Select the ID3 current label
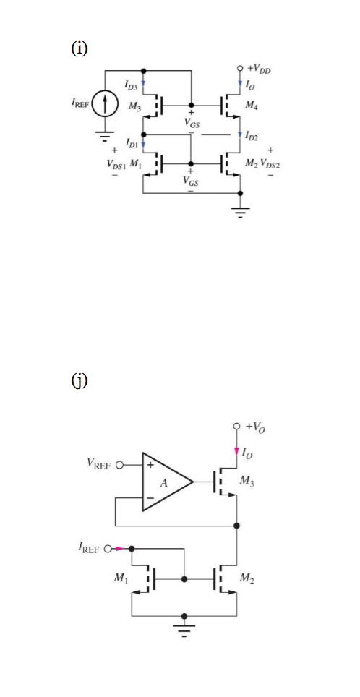coord(134,87)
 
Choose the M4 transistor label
coord(252,106)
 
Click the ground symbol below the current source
coord(106,134)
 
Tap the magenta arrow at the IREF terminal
coord(119,548)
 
